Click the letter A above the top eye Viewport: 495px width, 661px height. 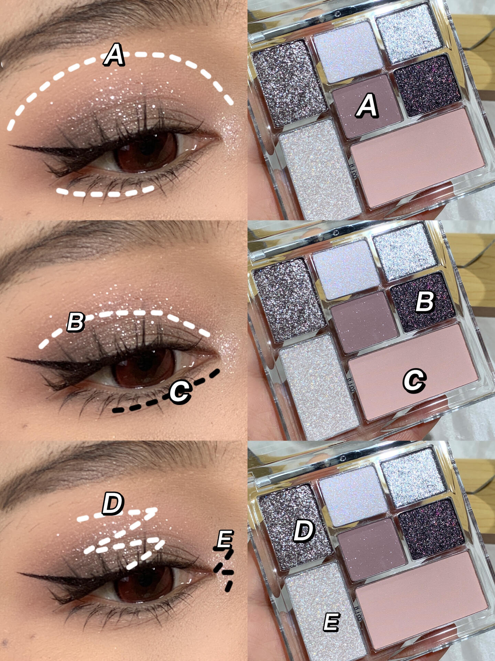click(114, 55)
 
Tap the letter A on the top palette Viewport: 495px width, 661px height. click(367, 106)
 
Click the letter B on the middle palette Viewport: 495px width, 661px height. click(425, 302)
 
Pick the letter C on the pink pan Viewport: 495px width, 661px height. click(415, 380)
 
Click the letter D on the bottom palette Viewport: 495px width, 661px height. click(304, 531)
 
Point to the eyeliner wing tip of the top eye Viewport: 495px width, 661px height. click(12, 146)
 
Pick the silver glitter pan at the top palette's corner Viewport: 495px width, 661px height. click(409, 34)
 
